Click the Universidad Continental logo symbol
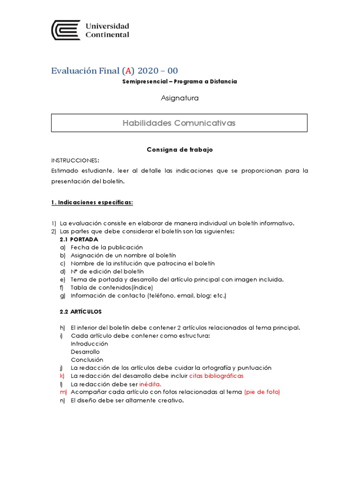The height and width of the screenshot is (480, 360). [66, 30]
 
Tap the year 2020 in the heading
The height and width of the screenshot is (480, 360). [148, 71]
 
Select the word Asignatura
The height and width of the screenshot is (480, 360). [180, 98]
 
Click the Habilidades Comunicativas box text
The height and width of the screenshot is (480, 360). [179, 123]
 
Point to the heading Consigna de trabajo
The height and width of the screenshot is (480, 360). [180, 150]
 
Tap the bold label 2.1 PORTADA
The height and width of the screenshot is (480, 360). [79, 239]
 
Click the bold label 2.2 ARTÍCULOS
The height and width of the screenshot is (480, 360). [81, 311]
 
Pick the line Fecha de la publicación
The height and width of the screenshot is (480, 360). [107, 247]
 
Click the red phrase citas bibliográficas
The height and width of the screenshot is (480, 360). [217, 376]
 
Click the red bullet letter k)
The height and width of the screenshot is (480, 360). [62, 376]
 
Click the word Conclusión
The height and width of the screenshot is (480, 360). [87, 360]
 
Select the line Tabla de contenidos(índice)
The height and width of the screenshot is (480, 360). [112, 287]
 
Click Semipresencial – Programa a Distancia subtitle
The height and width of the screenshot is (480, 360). [180, 82]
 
